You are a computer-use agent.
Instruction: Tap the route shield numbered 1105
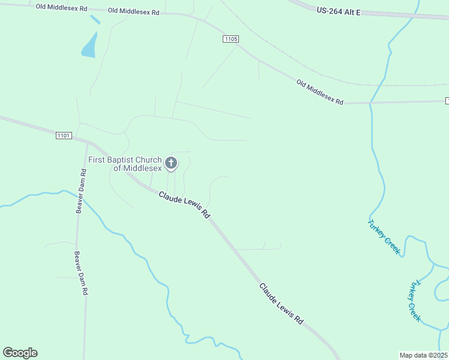231,39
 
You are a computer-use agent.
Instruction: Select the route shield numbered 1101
64,136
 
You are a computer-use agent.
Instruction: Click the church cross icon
171,163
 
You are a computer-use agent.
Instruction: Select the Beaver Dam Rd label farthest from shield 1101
81,272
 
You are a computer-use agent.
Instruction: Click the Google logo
20,353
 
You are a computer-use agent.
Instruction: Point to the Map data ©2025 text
424,355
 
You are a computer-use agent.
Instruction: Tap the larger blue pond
89,46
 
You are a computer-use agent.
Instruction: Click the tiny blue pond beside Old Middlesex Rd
95,19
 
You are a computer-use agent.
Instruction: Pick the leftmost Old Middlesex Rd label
61,8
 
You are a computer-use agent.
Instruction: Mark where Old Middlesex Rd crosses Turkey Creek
370,103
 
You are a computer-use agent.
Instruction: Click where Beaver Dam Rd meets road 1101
88,143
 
